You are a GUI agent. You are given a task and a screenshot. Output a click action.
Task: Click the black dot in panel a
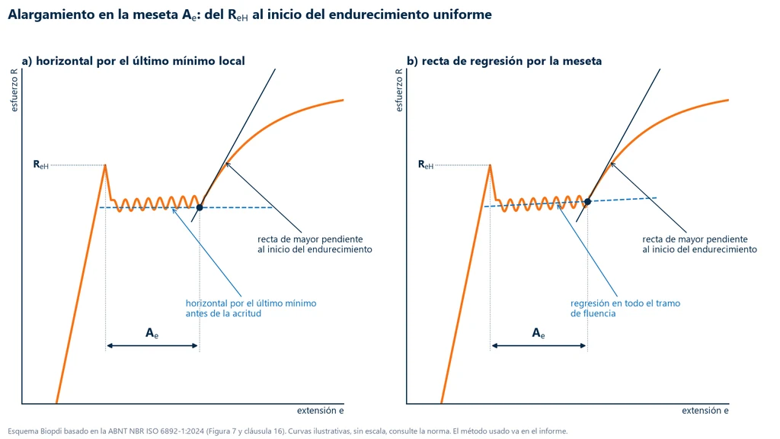(x=200, y=207)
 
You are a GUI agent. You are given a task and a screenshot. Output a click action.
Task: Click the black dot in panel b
(x=587, y=201)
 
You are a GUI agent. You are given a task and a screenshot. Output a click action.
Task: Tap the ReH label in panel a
(x=41, y=165)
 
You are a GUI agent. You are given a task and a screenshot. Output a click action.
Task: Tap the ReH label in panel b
(x=426, y=165)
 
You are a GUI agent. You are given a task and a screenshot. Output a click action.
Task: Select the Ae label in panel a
(x=152, y=333)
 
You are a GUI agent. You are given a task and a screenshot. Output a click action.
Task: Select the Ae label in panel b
(x=539, y=333)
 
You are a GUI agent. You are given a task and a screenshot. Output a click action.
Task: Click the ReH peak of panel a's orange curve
(x=105, y=165)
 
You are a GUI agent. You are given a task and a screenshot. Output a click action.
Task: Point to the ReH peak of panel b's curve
(x=490, y=165)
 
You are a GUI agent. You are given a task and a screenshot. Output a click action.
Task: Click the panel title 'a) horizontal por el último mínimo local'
(x=133, y=61)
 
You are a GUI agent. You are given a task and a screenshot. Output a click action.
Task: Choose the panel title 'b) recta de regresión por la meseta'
(x=504, y=61)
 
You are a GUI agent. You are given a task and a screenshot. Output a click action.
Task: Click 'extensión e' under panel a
(x=321, y=411)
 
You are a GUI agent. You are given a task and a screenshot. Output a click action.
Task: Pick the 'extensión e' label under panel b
(x=705, y=411)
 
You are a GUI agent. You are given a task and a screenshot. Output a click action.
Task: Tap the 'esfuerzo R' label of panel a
(x=14, y=90)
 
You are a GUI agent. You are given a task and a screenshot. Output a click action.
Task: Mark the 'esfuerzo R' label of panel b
(x=399, y=90)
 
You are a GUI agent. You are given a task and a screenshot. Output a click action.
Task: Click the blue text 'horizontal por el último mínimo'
(x=251, y=303)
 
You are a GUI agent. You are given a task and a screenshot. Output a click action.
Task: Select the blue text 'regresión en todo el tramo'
(x=625, y=303)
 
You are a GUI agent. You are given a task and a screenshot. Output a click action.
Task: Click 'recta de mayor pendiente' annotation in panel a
(x=310, y=239)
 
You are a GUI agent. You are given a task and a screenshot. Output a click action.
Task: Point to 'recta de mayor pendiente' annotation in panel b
(x=695, y=239)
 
